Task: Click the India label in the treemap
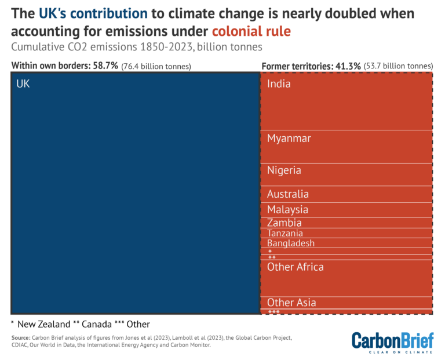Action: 279,84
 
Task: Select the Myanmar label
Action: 289,139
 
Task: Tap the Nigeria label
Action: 284,170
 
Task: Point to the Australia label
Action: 288,194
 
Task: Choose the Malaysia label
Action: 287,209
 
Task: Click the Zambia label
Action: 284,223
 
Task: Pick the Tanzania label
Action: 285,233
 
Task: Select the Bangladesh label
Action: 291,243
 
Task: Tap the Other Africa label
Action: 296,267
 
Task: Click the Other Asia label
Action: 291,303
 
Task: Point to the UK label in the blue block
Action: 23,84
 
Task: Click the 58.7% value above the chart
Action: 104,66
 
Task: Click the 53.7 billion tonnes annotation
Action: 399,67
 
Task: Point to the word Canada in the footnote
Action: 100,324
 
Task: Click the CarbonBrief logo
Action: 392,342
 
